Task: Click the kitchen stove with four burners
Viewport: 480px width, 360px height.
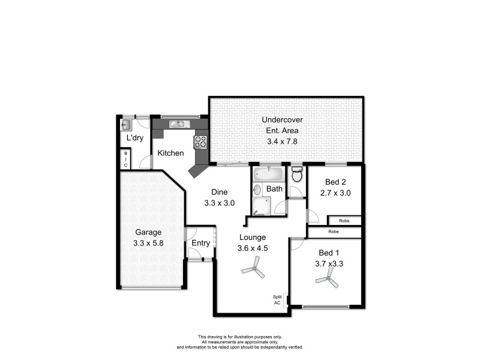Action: (200, 142)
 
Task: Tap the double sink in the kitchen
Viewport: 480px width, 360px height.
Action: (179, 124)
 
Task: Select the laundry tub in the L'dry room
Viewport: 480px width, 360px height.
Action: (127, 125)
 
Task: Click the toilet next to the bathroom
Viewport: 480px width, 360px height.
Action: (296, 175)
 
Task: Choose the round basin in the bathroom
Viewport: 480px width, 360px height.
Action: (257, 190)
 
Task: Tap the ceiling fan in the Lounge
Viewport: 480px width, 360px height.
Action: (253, 267)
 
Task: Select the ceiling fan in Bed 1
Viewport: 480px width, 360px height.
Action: (328, 277)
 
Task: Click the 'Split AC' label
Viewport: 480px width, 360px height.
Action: (277, 300)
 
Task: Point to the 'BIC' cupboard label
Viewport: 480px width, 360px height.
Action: (126, 159)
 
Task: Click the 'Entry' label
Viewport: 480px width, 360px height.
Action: (200, 243)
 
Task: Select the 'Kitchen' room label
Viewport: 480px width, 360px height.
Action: (170, 153)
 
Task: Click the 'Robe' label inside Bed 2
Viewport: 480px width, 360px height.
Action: (344, 221)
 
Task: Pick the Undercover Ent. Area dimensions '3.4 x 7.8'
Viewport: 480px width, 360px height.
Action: (282, 142)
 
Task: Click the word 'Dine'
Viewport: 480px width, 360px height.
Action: (218, 192)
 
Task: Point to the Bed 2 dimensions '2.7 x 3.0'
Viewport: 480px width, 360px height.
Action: (335, 193)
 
